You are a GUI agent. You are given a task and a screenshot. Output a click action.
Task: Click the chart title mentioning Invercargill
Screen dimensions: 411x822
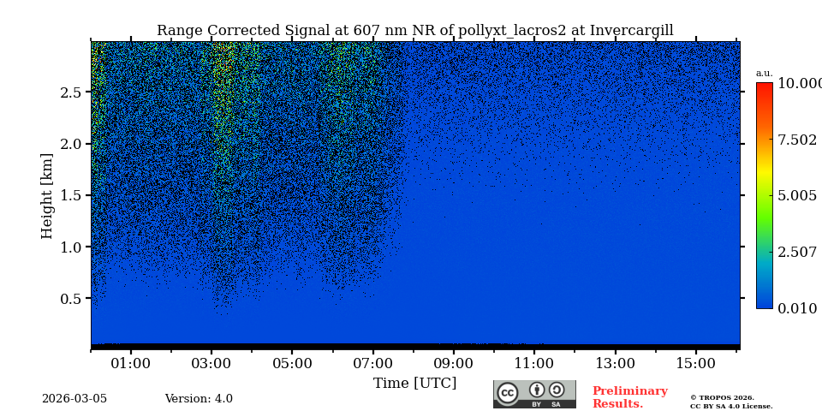pyautogui.click(x=414, y=31)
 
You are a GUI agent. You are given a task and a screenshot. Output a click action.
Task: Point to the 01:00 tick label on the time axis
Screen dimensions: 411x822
pyautogui.click(x=131, y=364)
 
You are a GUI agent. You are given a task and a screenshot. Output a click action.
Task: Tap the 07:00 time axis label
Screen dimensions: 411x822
pyautogui.click(x=372, y=364)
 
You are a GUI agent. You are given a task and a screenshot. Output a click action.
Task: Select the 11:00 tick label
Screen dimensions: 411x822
pyautogui.click(x=534, y=364)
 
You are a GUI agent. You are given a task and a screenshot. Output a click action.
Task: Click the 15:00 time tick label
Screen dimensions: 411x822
pyautogui.click(x=695, y=364)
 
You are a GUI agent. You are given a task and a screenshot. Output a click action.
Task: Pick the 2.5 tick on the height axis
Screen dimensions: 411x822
pyautogui.click(x=71, y=92)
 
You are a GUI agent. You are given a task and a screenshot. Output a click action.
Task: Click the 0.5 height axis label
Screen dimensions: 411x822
pyautogui.click(x=71, y=299)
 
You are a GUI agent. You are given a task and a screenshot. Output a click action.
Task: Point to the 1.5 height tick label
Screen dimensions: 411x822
pyautogui.click(x=71, y=195)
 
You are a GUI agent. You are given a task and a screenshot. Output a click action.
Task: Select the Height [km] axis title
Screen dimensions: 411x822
pyautogui.click(x=47, y=195)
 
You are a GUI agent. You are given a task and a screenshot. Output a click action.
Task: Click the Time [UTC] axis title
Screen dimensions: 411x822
pyautogui.click(x=414, y=384)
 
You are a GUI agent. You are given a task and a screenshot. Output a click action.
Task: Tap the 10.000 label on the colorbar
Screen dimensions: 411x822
pyautogui.click(x=797, y=84)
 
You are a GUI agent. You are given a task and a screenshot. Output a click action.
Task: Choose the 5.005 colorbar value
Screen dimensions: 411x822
pyautogui.click(x=797, y=196)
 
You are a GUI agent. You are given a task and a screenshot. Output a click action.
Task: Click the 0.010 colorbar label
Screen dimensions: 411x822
pyautogui.click(x=797, y=309)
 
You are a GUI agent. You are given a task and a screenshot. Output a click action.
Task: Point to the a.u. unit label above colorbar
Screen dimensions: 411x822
pyautogui.click(x=764, y=73)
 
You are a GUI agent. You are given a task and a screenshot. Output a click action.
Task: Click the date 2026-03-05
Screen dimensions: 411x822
pyautogui.click(x=74, y=399)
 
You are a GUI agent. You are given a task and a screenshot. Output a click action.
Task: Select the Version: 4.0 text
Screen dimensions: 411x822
pyautogui.click(x=199, y=399)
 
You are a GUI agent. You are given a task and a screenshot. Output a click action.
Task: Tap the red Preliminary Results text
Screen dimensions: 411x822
pyautogui.click(x=629, y=397)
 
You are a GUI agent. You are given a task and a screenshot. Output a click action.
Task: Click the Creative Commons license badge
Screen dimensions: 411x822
pyautogui.click(x=534, y=394)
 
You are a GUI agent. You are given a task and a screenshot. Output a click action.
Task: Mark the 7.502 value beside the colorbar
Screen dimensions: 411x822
pyautogui.click(x=797, y=140)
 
